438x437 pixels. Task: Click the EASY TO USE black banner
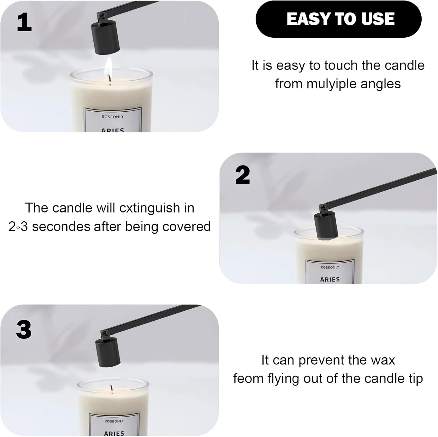[338, 19]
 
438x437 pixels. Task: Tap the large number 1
[24, 22]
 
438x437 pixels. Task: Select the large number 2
[243, 175]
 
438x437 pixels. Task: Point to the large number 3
[24, 329]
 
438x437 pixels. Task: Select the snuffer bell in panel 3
[108, 352]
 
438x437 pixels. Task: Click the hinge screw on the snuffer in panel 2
[323, 208]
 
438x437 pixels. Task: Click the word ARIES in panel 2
[330, 279]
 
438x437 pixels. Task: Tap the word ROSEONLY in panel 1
[112, 117]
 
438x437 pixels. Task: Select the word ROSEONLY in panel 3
[114, 421]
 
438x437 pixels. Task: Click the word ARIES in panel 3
[114, 433]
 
